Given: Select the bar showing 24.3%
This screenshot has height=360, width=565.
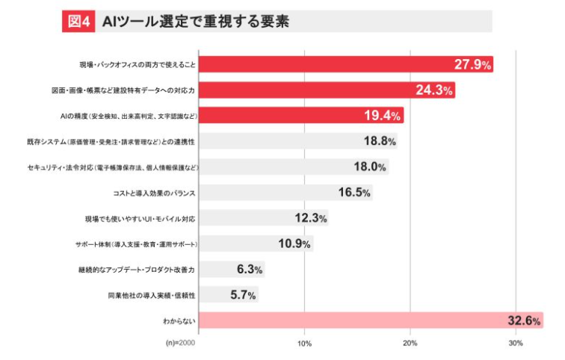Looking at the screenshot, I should pos(327,90).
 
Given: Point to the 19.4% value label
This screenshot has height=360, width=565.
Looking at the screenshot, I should pos(383,116).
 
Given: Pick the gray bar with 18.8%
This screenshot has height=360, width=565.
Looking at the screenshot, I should pos(298,141).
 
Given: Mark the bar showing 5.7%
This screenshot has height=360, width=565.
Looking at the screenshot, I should pos(229,294).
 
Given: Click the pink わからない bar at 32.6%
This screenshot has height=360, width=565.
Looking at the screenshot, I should pos(371,320).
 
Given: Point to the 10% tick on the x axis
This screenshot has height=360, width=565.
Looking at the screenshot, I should pos(305,343).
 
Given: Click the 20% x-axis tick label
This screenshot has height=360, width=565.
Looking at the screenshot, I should pos(410,343).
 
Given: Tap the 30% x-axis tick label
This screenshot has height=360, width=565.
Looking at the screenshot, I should pos(516,343).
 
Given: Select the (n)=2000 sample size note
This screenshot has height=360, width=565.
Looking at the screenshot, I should pos(179,343).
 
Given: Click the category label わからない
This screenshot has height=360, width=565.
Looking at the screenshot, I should pos(179,320).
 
